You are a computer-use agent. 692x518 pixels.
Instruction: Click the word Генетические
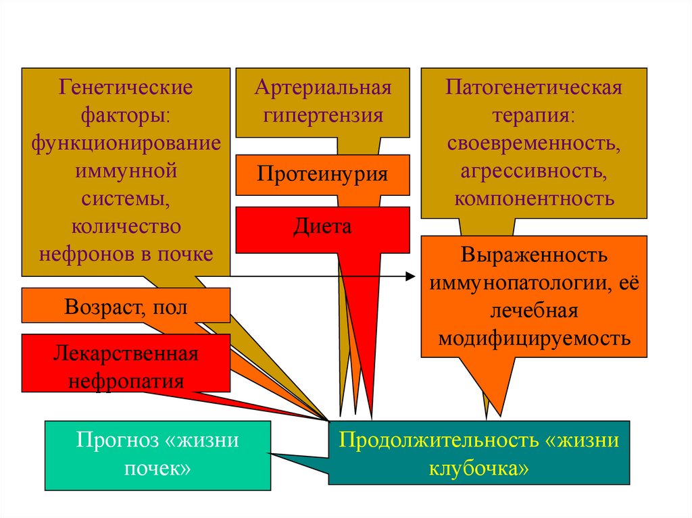tap(126, 88)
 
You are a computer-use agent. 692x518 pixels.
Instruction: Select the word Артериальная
tap(322, 88)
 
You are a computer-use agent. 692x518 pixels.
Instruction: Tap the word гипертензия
tap(322, 115)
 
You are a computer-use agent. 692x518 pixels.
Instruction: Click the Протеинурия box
tap(322, 174)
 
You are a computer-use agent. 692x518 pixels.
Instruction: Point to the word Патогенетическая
tap(534, 88)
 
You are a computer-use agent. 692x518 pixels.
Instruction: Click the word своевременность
tap(534, 143)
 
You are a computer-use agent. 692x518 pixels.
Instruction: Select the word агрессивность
tap(534, 171)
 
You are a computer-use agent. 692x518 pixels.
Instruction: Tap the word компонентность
tap(534, 199)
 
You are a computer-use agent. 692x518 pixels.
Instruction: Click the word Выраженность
tap(534, 256)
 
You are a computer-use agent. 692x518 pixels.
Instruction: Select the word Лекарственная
tap(126, 353)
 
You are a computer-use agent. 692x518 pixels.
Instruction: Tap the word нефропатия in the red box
tap(126, 380)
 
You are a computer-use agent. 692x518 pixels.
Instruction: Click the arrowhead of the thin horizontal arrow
tap(410, 276)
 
